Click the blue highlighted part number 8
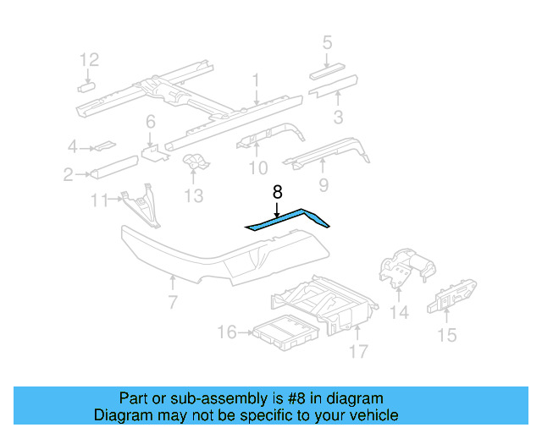point(288,219)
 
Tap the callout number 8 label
point(277,192)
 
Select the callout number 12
point(90,59)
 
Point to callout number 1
point(255,80)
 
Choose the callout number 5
point(327,42)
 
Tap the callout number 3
point(337,117)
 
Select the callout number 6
point(150,121)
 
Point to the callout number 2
point(68,175)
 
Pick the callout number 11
point(99,200)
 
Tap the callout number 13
point(194,196)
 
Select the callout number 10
point(257,167)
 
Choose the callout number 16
point(226,332)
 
